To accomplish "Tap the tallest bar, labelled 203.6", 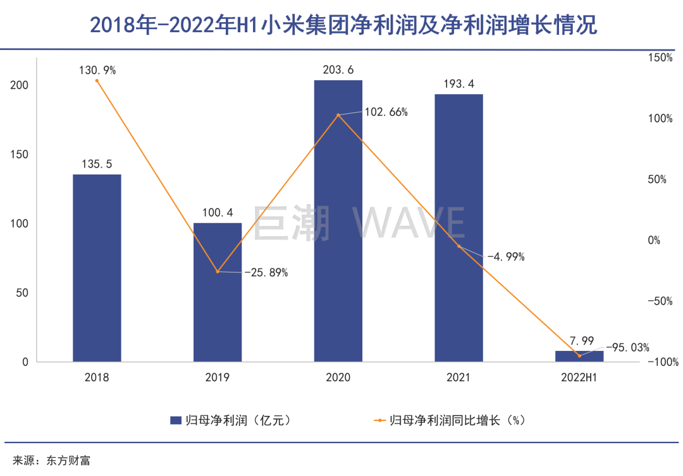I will [x=338, y=221].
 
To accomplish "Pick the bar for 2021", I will [x=458, y=228].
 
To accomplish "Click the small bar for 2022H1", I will [x=579, y=357].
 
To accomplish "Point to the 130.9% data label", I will [x=97, y=71].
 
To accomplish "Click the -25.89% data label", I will [x=266, y=273].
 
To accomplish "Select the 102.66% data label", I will [x=386, y=113].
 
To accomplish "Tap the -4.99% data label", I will [x=505, y=257].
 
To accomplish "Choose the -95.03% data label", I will [x=627, y=347].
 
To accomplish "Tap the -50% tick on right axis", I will [x=661, y=301].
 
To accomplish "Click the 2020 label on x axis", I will [x=338, y=378].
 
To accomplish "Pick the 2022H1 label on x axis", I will [x=579, y=378].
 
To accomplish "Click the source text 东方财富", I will [x=68, y=460].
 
